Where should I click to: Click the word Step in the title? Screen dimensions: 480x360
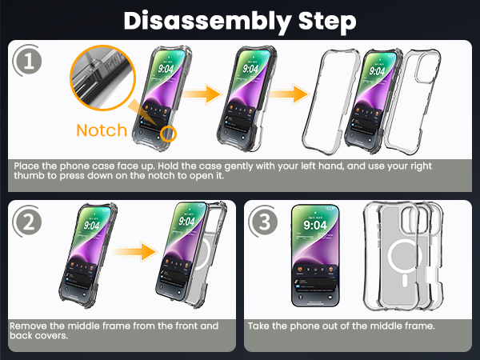pos(327,22)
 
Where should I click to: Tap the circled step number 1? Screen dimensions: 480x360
pos(28,61)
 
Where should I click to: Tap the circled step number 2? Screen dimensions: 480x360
pos(28,222)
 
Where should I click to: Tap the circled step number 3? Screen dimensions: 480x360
pos(264,222)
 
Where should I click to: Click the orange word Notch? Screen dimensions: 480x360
pos(102,130)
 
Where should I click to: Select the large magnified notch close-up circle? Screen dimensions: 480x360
pos(102,78)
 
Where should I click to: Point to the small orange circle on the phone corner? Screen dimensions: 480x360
pos(168,134)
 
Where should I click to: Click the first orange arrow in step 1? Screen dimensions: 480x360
pos(203,94)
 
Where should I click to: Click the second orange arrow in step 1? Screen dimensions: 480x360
pos(290,94)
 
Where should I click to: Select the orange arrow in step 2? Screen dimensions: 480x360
pos(135,252)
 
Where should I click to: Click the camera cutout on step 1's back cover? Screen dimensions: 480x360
pos(428,66)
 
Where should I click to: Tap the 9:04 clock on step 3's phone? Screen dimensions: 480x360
pos(315,226)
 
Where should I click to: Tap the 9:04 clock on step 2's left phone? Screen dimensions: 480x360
pos(91,226)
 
